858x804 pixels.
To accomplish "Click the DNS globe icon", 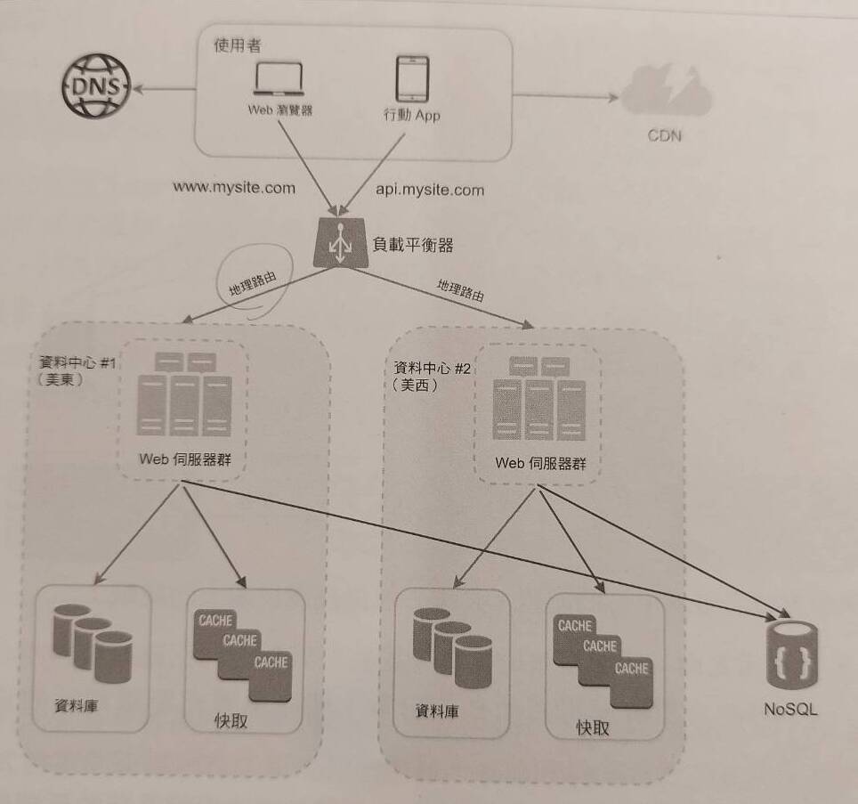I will pyautogui.click(x=93, y=87).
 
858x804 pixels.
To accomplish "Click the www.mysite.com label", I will pyautogui.click(x=234, y=189).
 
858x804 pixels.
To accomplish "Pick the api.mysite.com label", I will pyautogui.click(x=425, y=190).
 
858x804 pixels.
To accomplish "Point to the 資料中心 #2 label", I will pyautogui.click(x=434, y=367).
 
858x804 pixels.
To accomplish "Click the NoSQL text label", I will pyautogui.click(x=789, y=710).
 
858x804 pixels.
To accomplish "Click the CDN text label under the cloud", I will pyautogui.click(x=667, y=137).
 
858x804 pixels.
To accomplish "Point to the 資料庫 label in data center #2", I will pyautogui.click(x=442, y=711).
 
